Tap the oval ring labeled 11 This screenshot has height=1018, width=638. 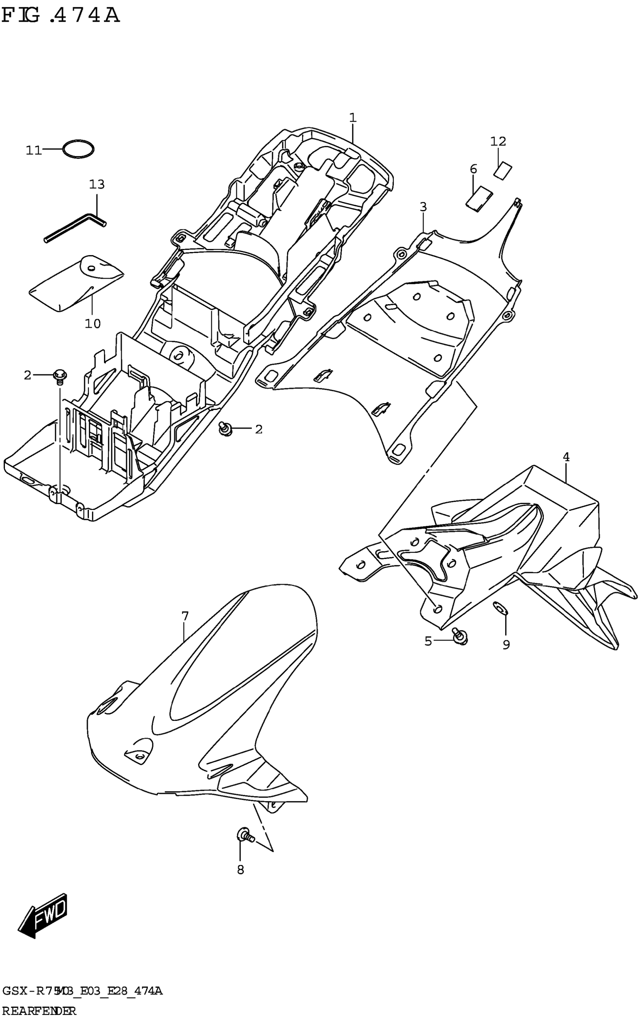click(x=78, y=149)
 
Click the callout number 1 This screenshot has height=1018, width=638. click(x=353, y=118)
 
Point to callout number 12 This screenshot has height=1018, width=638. click(x=498, y=141)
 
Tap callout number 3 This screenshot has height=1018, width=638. click(x=423, y=207)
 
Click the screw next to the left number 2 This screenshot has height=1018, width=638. click(x=60, y=375)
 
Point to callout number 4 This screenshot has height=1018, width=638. click(x=566, y=457)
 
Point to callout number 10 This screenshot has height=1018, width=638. click(x=93, y=324)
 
